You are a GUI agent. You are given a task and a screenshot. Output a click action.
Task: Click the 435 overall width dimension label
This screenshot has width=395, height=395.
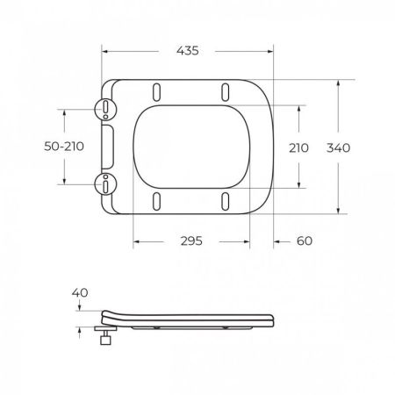[x=186, y=51]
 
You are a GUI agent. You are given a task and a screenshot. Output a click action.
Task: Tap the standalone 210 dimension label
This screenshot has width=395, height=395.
[x=298, y=147]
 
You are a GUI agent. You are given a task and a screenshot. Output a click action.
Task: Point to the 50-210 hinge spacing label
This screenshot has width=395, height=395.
[x=63, y=147]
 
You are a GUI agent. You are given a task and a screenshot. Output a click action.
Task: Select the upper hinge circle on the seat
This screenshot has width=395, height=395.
[x=104, y=108]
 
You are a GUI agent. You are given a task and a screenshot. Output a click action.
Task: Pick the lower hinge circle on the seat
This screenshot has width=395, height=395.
[x=104, y=184]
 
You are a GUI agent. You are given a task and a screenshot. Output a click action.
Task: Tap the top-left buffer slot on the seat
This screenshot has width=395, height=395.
[x=158, y=91]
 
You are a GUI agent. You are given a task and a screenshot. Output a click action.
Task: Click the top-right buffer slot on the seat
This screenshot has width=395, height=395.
[x=226, y=91]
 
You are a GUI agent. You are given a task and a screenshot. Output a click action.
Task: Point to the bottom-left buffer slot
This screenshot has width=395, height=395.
[x=158, y=201]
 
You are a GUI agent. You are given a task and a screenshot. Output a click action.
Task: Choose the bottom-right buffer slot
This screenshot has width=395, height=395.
[x=226, y=201]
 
